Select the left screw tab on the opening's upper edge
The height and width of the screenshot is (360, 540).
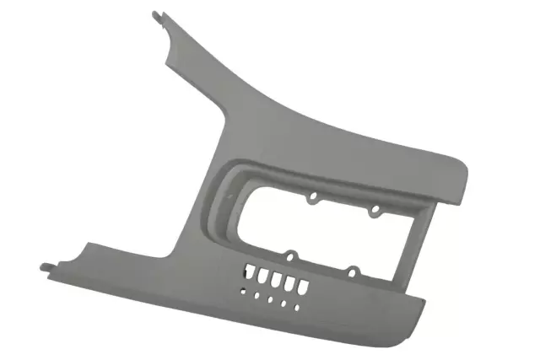click(313, 198)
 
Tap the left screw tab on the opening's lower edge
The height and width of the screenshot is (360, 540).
click(289, 255)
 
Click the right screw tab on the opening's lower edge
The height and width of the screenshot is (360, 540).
click(354, 271)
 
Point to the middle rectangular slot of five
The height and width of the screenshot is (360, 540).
click(274, 279)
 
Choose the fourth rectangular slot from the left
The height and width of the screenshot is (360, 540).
click(285, 282)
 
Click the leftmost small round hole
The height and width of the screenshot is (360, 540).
click(244, 289)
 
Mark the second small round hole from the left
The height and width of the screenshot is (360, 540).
click(256, 294)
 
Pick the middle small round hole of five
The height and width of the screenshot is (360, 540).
click(270, 298)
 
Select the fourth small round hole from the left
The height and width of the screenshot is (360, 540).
click(283, 303)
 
